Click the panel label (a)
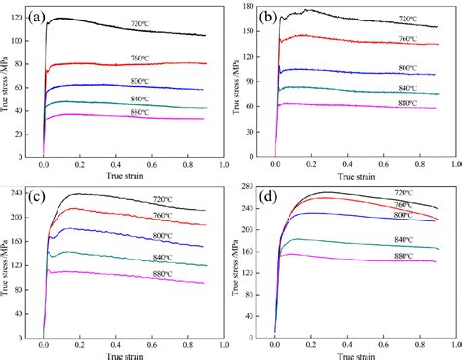[x=49, y=17]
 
